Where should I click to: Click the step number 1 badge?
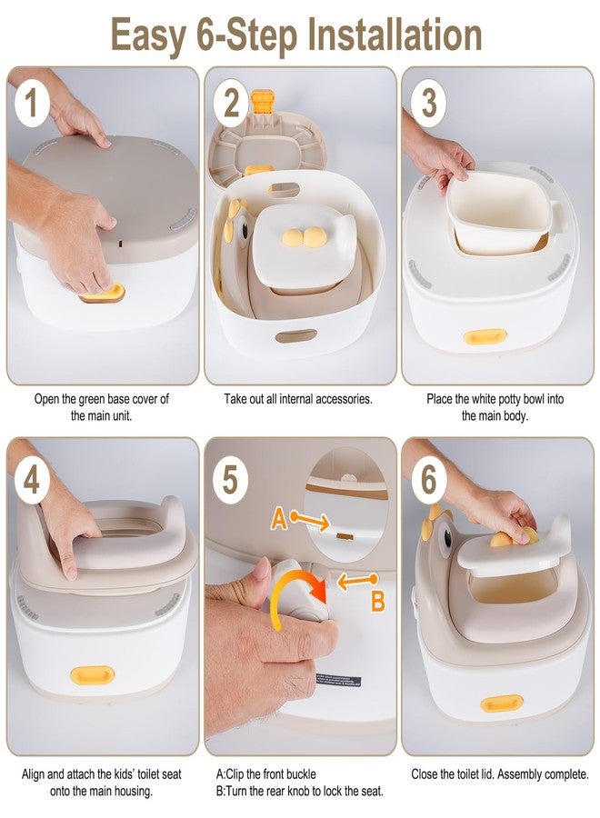pyautogui.click(x=32, y=103)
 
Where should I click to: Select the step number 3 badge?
pyautogui.click(x=428, y=103)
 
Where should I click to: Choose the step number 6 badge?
pyautogui.click(x=428, y=479)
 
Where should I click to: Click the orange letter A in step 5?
pyautogui.click(x=279, y=519)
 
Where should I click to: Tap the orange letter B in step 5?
pyautogui.click(x=378, y=601)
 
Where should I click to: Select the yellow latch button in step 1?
pyautogui.click(x=102, y=293)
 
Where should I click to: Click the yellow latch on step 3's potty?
pyautogui.click(x=485, y=336)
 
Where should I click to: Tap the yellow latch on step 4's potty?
pyautogui.click(x=92, y=675)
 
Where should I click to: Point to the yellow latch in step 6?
pyautogui.click(x=501, y=703)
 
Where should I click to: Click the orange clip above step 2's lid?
pyautogui.click(x=263, y=102)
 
